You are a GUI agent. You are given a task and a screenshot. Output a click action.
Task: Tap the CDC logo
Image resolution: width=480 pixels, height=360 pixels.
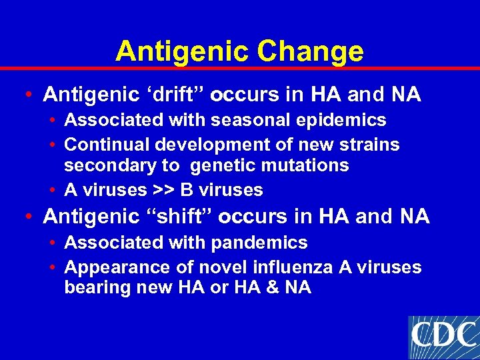443,337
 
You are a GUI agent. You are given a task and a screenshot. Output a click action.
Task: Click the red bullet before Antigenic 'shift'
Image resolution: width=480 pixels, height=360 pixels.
25,217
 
